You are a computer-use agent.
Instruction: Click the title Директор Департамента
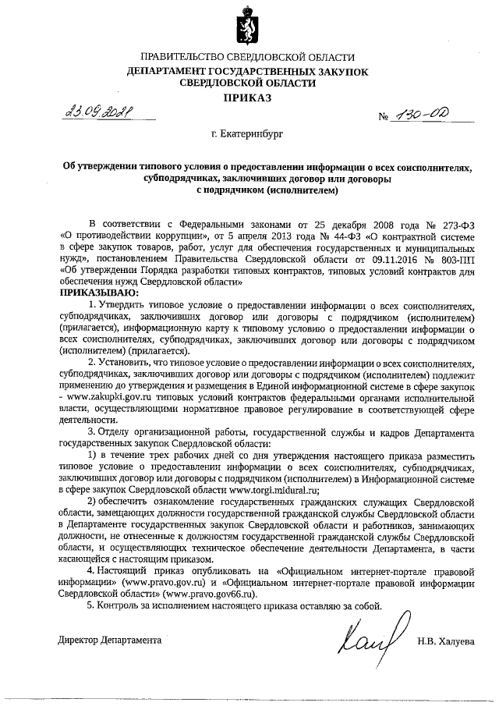110,640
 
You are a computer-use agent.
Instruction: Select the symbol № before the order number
384,118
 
